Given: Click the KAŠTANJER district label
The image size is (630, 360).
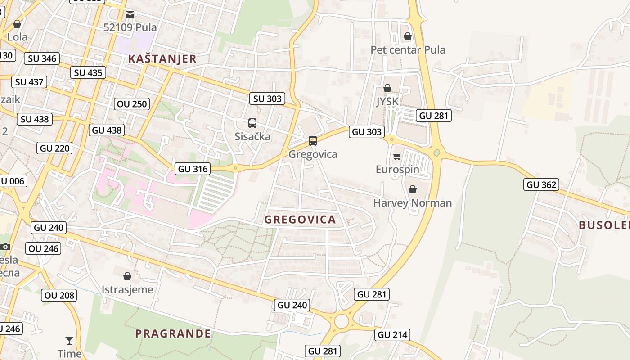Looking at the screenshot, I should [162, 59].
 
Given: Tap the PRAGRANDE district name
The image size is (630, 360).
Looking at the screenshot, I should [173, 333].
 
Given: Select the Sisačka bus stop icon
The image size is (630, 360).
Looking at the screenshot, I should [252, 123].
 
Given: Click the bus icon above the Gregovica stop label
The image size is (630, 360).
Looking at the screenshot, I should [313, 141].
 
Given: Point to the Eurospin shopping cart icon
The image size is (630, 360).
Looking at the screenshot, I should [397, 156].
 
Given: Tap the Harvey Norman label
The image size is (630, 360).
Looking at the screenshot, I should [412, 203].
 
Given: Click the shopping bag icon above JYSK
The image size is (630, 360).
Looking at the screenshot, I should [387, 88].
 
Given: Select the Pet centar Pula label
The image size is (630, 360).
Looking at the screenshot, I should [408, 49].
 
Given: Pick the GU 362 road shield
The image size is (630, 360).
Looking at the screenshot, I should [541, 184].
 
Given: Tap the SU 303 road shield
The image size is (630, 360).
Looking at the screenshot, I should [267, 99].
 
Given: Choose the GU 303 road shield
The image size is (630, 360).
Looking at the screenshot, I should [367, 132].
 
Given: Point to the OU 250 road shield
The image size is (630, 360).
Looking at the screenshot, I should [132, 104].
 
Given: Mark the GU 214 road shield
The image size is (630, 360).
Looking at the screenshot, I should [392, 334].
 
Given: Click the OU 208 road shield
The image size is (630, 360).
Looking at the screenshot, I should [59, 295].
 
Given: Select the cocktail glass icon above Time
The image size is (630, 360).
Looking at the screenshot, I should [69, 340].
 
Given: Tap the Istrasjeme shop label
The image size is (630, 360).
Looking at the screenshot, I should [127, 289].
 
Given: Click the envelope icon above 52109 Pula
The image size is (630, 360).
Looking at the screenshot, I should [130, 14].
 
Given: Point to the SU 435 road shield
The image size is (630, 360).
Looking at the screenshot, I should [88, 72].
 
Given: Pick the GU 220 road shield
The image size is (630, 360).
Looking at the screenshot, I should [55, 148].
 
